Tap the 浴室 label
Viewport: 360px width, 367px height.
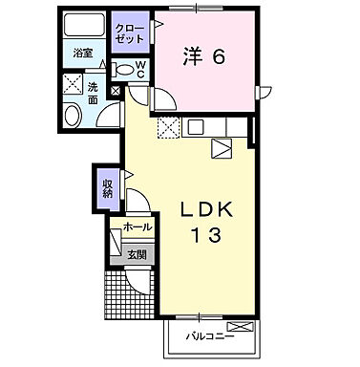pos(83,54)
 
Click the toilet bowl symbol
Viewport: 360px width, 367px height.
pos(124,70)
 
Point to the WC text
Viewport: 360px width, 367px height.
pos(139,70)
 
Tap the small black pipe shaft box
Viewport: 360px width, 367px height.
pos(116,93)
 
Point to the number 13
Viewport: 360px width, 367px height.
pos(210,236)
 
